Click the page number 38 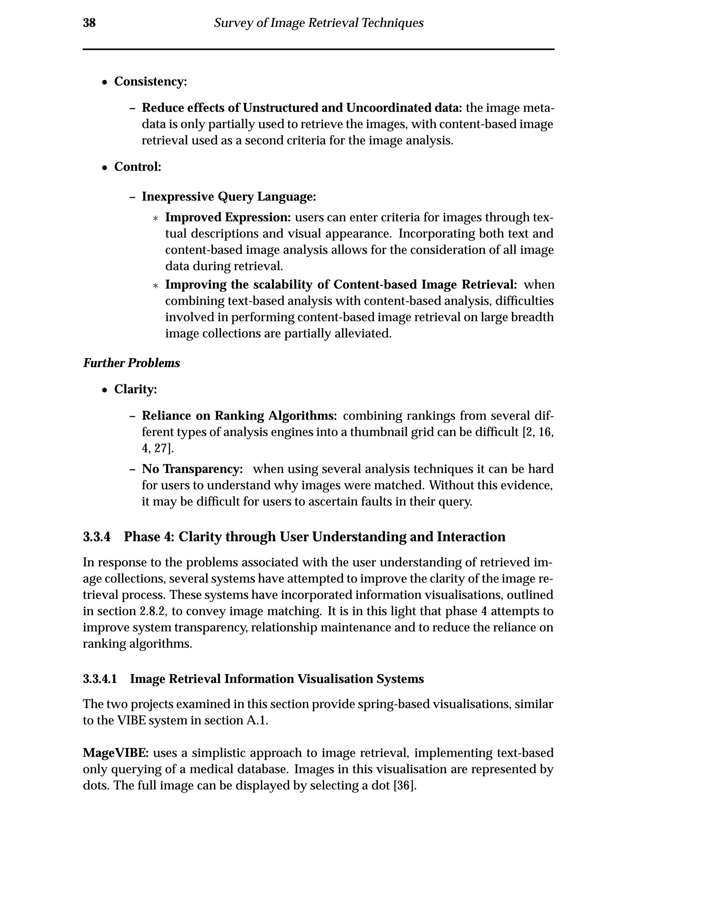pyautogui.click(x=89, y=23)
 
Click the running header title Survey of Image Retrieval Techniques pyautogui.click(x=319, y=23)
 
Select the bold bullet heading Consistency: pyautogui.click(x=151, y=81)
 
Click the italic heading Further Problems pyautogui.click(x=131, y=363)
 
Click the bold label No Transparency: pyautogui.click(x=192, y=469)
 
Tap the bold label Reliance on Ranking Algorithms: pyautogui.click(x=239, y=416)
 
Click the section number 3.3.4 pyautogui.click(x=97, y=537)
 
